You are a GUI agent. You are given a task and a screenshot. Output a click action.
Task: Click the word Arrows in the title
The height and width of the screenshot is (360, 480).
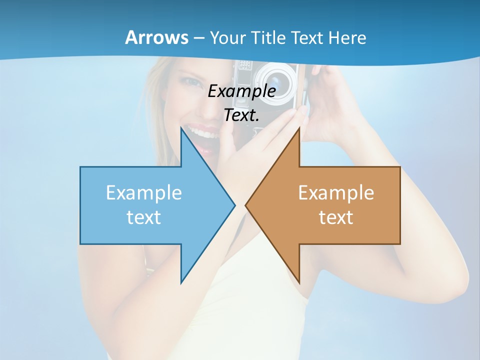click(x=156, y=37)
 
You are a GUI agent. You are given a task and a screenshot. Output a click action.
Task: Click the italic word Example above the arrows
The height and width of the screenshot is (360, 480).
click(x=242, y=91)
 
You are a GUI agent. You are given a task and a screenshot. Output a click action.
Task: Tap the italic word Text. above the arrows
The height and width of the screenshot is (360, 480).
click(x=242, y=115)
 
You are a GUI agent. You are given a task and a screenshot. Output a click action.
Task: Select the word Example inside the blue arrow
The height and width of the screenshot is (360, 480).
click(x=144, y=193)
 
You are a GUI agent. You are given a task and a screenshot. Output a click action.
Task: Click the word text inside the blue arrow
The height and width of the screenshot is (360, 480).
click(x=144, y=217)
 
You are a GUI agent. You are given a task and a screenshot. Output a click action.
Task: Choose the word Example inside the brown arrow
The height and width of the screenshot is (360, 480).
click(x=336, y=193)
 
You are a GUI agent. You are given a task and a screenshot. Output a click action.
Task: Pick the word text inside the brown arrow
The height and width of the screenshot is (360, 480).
click(x=336, y=217)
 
